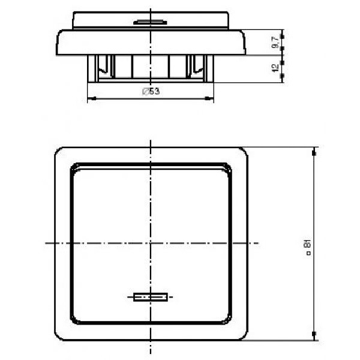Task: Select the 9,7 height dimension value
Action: coord(275,43)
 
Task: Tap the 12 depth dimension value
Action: coord(275,67)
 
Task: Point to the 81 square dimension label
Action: coord(307,247)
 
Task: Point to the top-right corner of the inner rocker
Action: coord(229,166)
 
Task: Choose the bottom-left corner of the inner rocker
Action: coord(71,319)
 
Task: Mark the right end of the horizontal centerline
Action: coord(259,243)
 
